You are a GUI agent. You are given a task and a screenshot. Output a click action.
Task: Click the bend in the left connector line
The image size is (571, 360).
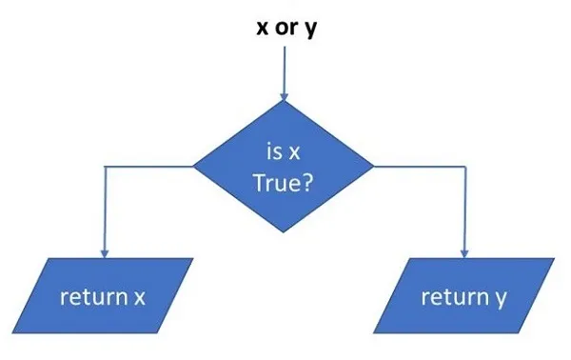(x=104, y=166)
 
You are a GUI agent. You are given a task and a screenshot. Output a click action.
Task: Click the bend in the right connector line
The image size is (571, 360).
(x=463, y=166)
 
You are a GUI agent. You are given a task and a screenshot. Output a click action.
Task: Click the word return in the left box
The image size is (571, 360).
(x=89, y=297)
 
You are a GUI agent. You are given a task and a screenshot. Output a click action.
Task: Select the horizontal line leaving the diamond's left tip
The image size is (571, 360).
(x=148, y=166)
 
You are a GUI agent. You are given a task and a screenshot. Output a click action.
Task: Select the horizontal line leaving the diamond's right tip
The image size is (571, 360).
(x=419, y=166)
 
